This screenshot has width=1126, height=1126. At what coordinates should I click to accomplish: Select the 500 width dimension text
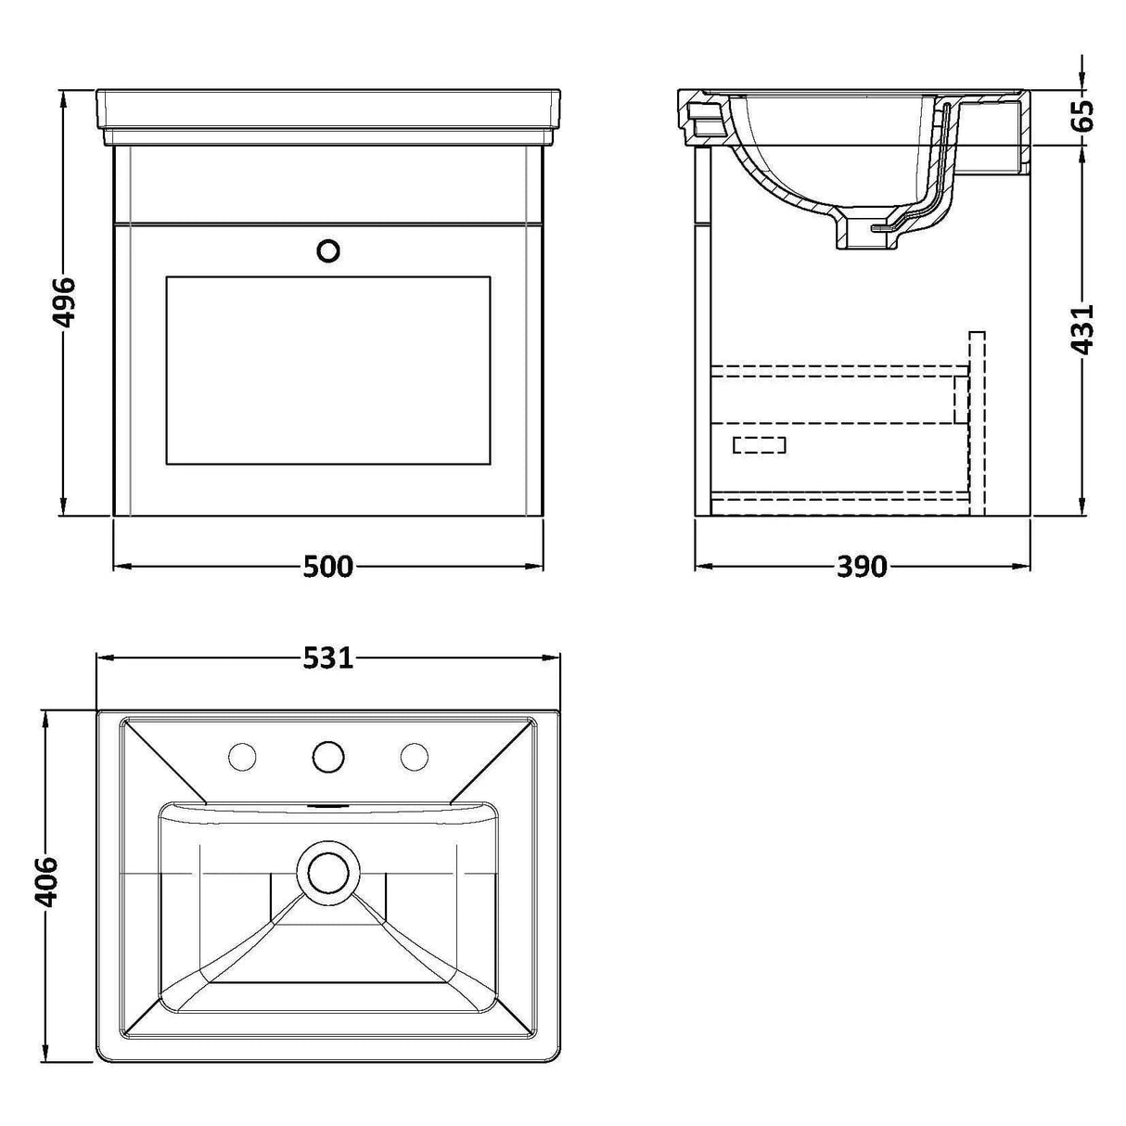[327, 566]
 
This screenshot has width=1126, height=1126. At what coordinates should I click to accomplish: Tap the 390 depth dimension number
[862, 566]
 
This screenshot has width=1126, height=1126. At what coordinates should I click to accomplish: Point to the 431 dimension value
[1081, 328]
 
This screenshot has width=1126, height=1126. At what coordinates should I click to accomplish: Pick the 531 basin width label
[327, 659]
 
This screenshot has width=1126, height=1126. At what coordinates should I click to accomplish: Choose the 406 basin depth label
[48, 882]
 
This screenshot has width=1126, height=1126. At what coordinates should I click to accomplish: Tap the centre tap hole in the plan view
[327, 758]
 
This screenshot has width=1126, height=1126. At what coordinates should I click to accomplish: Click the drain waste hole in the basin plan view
[327, 872]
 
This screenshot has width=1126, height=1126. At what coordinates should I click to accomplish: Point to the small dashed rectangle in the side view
[759, 445]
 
